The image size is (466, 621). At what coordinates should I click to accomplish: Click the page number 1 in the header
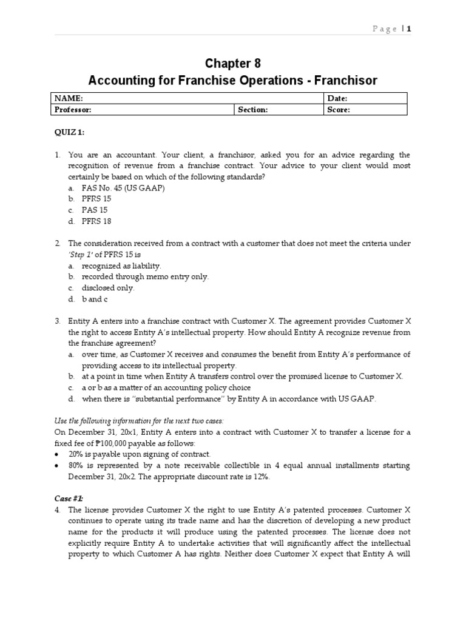pyautogui.click(x=409, y=29)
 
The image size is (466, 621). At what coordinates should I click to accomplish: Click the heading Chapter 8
pyautogui.click(x=232, y=64)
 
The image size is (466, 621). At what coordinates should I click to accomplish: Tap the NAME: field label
pyautogui.click(x=68, y=98)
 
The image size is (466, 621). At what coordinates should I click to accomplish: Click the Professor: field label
pyautogui.click(x=73, y=110)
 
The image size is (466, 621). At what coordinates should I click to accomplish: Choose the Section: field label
pyautogui.click(x=252, y=110)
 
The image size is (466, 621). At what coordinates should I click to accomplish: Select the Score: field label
pyautogui.click(x=338, y=110)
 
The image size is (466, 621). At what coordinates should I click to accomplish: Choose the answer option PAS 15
pyautogui.click(x=95, y=210)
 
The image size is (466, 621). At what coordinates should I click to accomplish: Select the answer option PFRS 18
pyautogui.click(x=96, y=221)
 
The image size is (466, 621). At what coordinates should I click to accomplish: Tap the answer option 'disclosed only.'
pyautogui.click(x=108, y=288)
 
